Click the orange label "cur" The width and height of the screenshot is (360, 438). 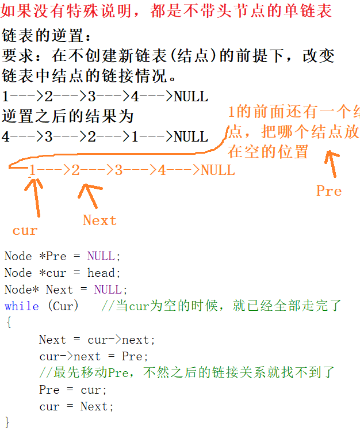tap(25, 231)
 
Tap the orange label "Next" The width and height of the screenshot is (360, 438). tap(99, 220)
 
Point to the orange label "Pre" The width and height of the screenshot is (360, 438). tap(329, 191)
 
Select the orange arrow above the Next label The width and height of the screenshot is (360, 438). tap(89, 195)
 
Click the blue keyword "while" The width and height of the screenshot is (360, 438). tap(21, 306)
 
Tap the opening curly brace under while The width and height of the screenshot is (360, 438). tap(8, 323)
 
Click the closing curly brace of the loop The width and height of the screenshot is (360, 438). tap(7, 422)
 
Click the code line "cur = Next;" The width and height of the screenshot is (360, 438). tap(76, 406)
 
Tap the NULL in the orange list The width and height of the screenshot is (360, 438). tap(217, 170)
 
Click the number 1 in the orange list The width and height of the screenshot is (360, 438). tap(33, 170)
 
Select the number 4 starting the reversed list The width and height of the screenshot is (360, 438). tap(6, 137)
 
